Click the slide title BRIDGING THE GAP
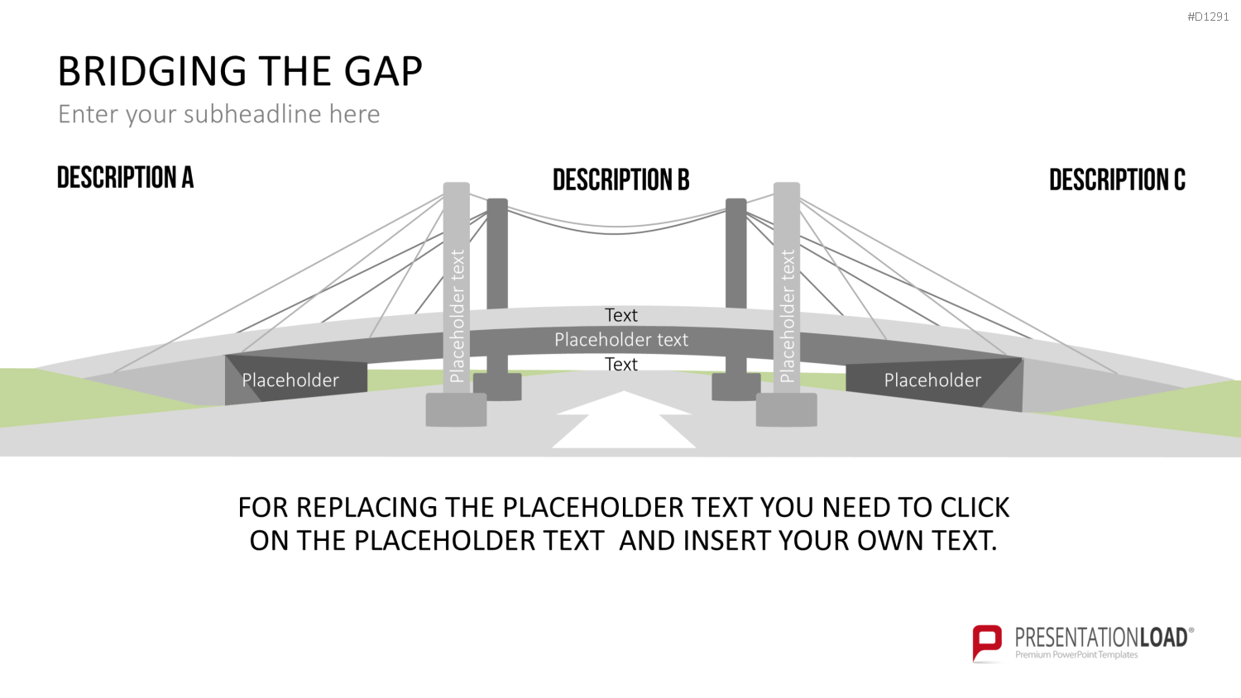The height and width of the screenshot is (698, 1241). click(240, 71)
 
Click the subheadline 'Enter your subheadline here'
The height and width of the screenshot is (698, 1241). click(219, 115)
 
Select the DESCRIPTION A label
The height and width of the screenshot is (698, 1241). click(125, 177)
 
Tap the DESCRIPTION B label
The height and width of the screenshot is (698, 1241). click(621, 180)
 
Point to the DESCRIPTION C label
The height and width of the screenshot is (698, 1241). click(1118, 180)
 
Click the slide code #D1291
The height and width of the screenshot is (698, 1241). click(1208, 17)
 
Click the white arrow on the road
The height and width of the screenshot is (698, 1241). click(624, 419)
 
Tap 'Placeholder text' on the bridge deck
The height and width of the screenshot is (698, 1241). click(621, 340)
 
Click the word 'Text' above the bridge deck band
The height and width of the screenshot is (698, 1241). click(621, 315)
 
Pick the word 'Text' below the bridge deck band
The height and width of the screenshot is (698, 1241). click(621, 365)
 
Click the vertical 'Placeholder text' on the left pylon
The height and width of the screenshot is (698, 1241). click(457, 316)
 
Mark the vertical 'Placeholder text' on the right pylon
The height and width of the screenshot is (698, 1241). click(788, 316)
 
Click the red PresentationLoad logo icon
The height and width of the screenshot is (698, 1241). click(987, 643)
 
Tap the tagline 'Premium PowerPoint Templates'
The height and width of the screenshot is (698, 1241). click(1076, 655)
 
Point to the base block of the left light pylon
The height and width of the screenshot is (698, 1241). click(456, 410)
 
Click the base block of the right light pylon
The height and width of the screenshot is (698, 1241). click(787, 410)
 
